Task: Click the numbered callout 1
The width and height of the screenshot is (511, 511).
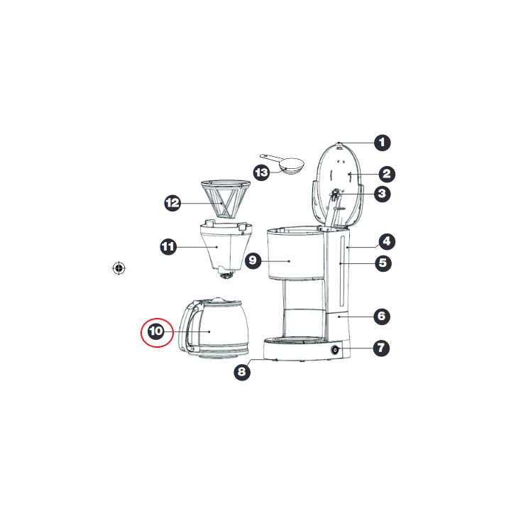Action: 383,143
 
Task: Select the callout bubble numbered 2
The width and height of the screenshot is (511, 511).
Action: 387,174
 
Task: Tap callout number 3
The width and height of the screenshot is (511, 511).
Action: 383,194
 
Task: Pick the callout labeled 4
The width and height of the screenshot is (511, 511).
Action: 387,241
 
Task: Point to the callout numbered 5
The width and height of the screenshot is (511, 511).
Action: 383,263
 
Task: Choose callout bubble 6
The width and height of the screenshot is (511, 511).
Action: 382,316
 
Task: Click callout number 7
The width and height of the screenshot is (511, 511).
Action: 381,348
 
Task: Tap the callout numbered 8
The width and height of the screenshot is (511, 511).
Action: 242,372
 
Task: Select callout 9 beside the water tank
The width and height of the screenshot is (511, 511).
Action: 253,260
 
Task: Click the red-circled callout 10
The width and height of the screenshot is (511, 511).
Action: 156,331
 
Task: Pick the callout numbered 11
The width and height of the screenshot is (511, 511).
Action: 168,247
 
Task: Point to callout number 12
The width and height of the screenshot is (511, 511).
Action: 172,204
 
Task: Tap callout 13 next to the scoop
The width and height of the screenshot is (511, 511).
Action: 261,172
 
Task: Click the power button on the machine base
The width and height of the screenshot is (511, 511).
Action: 335,351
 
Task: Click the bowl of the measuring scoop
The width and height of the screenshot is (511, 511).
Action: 292,166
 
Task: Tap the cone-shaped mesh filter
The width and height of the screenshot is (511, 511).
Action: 226,199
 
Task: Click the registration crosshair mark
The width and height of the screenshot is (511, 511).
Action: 119,268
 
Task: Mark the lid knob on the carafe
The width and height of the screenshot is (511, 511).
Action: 218,300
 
